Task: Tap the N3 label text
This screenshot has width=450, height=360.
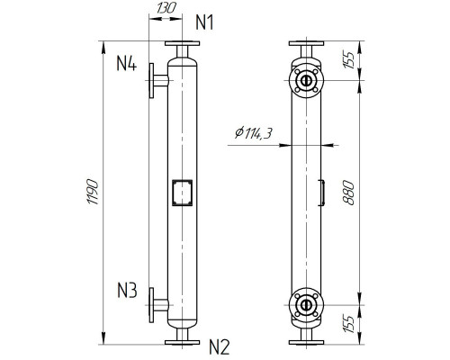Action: coord(126,290)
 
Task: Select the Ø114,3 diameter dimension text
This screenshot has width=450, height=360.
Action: coord(254,134)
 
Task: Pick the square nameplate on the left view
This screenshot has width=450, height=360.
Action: coord(182,192)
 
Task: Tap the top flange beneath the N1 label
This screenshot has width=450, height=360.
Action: coord(183,47)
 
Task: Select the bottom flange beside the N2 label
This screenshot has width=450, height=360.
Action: coord(183,340)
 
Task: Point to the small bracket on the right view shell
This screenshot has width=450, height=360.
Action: coord(321,192)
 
